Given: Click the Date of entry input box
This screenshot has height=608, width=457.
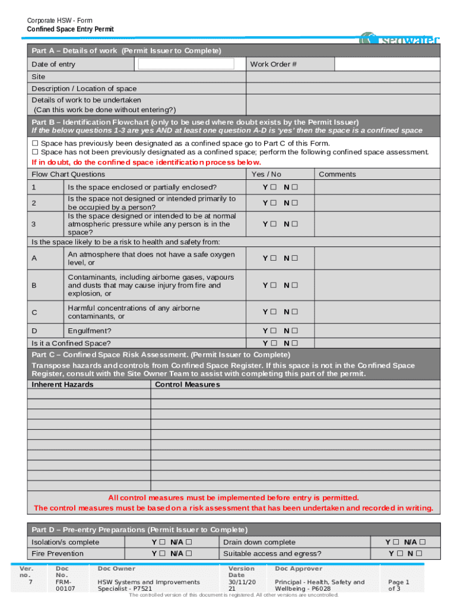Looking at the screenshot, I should [x=186, y=64].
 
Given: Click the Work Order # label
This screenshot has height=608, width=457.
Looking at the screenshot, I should [x=274, y=64].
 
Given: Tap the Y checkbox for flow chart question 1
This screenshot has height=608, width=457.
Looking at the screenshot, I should [x=274, y=188].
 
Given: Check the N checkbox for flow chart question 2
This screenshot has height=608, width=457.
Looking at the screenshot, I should [x=294, y=203].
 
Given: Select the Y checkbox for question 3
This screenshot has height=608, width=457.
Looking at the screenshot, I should [x=274, y=224].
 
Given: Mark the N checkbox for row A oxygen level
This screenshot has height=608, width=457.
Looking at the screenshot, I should [x=294, y=258].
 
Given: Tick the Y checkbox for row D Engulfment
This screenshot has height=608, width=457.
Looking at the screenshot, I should [x=274, y=331].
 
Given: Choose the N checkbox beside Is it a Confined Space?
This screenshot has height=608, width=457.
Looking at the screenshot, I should [x=294, y=343].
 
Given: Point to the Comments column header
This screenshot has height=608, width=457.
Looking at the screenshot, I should [x=337, y=174].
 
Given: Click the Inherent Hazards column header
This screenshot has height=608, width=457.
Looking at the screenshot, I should [x=62, y=385].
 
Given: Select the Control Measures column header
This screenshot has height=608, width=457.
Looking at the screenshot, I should [x=187, y=385].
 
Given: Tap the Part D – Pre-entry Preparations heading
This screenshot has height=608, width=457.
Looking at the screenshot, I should [x=139, y=530].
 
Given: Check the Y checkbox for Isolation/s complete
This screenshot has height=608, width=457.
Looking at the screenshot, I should [x=161, y=542].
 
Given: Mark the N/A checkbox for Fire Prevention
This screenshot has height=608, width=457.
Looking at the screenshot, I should [x=189, y=553].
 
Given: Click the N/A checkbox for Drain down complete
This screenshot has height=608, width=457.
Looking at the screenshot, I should [x=423, y=542].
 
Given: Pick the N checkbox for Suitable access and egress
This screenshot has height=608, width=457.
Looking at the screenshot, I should [x=420, y=553].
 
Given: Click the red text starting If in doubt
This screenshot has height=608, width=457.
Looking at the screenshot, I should [x=146, y=162].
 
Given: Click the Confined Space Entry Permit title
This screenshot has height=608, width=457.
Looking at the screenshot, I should [x=70, y=29].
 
